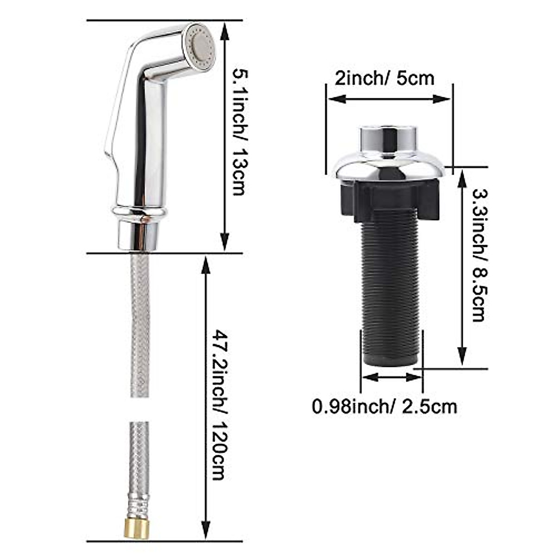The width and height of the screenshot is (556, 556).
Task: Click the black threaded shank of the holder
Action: pyautogui.click(x=391, y=287)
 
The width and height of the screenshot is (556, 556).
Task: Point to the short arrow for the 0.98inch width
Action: pyautogui.click(x=392, y=378)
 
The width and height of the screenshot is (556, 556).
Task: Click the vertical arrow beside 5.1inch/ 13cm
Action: pyautogui.click(x=225, y=137)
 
